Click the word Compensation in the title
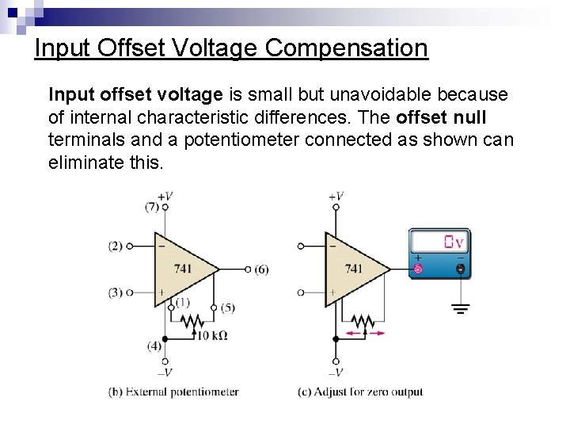pos(347,48)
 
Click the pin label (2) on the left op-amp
pos(116,246)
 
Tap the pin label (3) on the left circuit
pos(116,292)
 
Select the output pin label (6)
pos(261,269)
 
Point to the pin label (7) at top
pos(151,207)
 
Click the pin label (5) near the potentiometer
pos(227,308)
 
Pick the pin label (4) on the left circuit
pos(154,346)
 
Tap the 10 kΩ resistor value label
pos(211,335)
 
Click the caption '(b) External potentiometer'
pos(173,392)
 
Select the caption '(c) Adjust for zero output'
pos(360,392)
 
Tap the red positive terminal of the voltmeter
pos(419,269)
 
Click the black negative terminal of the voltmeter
pos(461,269)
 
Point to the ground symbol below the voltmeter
pos(461,308)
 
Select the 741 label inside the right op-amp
pos(353,269)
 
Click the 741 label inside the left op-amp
pos(183,269)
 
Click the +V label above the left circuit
pos(165,195)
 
